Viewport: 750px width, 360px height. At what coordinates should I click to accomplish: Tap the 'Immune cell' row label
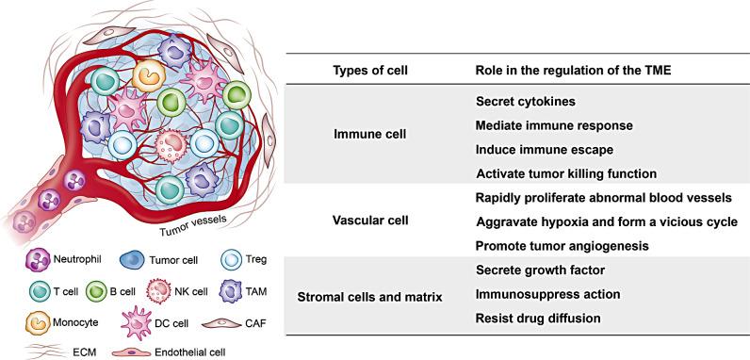click(x=369, y=135)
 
